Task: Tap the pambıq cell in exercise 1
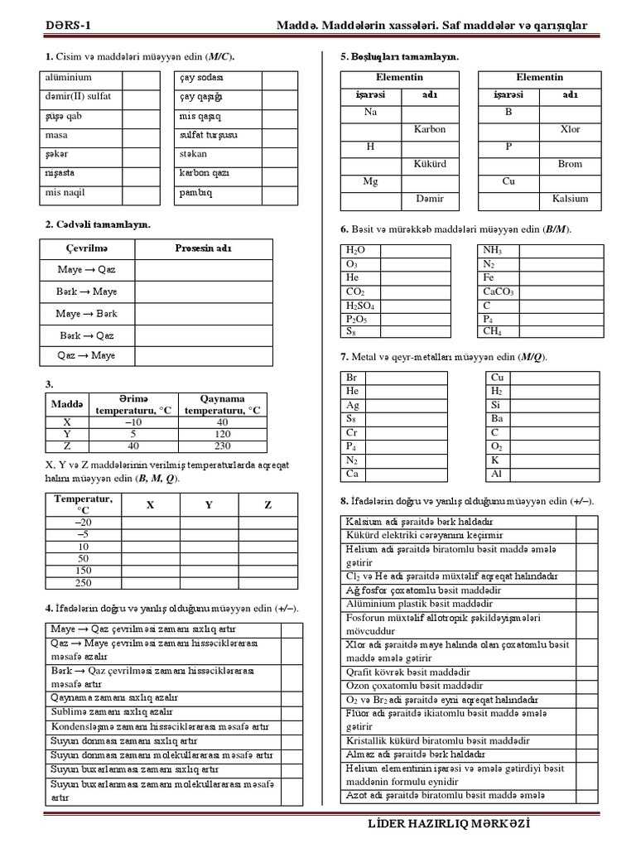(x=196, y=193)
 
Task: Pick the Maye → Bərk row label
(x=87, y=315)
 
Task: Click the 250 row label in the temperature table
(x=83, y=583)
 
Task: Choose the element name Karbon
(x=429, y=129)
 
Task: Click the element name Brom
(x=570, y=164)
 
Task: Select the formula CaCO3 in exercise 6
(x=499, y=292)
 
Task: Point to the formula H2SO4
(x=360, y=306)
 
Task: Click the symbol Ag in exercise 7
(x=354, y=405)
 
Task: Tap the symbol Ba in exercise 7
(x=496, y=418)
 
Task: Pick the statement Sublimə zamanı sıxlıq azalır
(x=113, y=711)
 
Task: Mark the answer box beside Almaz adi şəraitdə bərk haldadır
(x=585, y=754)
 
